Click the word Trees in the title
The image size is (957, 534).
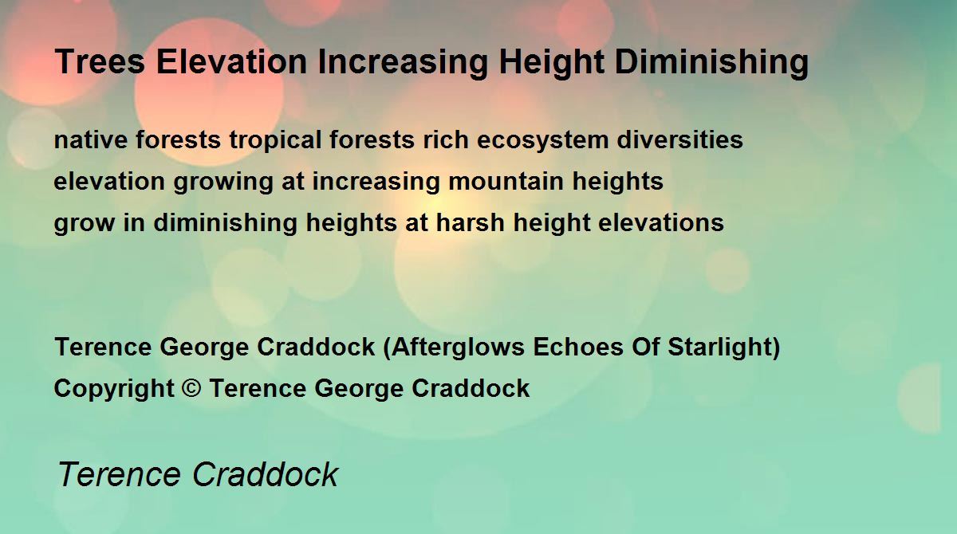[100, 61]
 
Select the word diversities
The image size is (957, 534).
[680, 139]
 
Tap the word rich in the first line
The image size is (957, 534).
[446, 139]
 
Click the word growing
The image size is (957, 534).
[223, 183]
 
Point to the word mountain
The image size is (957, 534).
[506, 181]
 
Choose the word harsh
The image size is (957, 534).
[470, 222]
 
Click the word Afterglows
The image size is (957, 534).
[458, 347]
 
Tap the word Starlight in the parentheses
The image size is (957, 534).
[719, 347]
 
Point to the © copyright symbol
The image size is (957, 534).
[191, 388]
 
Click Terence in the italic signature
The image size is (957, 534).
[120, 474]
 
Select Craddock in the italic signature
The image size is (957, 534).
[266, 474]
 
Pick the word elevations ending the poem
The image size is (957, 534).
[661, 222]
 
